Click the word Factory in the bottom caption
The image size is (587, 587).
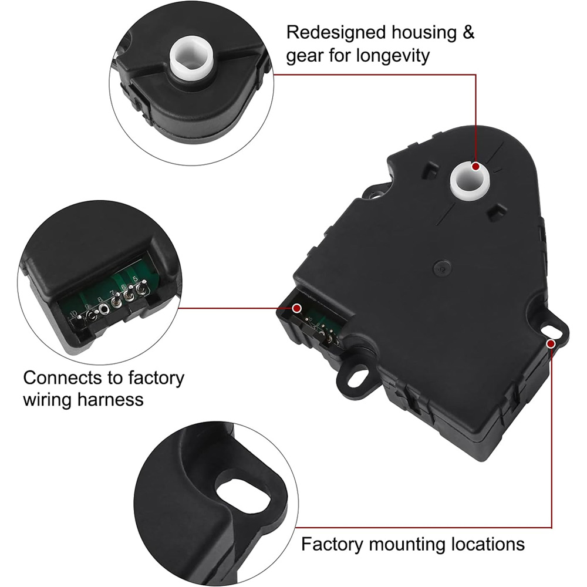click(333, 544)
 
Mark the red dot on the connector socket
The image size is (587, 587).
click(297, 308)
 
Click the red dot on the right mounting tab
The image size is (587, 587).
click(551, 343)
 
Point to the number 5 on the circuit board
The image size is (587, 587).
click(136, 279)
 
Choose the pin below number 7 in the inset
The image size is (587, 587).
click(116, 303)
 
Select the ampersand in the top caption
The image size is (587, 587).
click(468, 32)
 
